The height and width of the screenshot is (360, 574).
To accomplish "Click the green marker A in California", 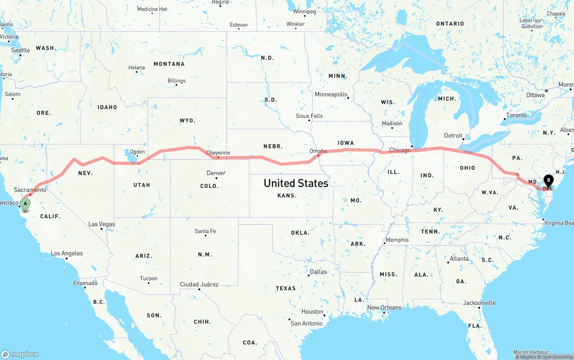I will (x=26, y=204).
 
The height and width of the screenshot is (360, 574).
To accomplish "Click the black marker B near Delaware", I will (x=548, y=181).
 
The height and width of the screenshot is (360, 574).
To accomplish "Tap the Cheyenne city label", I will (x=218, y=153).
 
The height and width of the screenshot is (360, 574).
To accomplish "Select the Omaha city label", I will (x=318, y=151).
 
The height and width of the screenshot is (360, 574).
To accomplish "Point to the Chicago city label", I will (x=400, y=150).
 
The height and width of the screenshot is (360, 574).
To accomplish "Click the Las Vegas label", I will (x=101, y=224).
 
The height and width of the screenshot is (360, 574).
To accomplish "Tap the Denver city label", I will (x=216, y=173).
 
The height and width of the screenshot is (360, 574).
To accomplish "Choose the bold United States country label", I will (x=296, y=183).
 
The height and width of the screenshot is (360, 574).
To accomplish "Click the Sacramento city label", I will (x=30, y=190).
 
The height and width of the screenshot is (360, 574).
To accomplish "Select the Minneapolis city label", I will (x=331, y=95).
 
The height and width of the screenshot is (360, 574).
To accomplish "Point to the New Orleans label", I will (x=384, y=308).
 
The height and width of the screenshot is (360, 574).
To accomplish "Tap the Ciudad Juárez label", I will (x=199, y=284).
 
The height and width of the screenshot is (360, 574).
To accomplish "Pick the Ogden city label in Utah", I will (x=137, y=152).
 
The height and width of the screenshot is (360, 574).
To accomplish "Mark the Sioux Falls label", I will (x=309, y=116).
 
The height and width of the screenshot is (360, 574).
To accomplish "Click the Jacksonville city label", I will (x=479, y=303).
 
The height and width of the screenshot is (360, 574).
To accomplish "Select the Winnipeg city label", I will (x=304, y=11).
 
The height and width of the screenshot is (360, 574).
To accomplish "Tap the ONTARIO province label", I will (x=450, y=24).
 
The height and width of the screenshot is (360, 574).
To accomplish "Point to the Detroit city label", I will (x=453, y=135).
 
